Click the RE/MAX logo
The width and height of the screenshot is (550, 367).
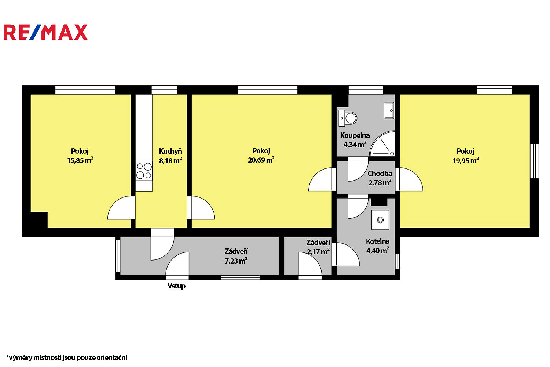pos(46,32)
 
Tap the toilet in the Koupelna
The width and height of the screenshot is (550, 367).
pos(348,118)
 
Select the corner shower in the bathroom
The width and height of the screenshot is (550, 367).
pos(382,144)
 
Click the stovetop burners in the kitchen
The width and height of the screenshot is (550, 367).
pos(144,171)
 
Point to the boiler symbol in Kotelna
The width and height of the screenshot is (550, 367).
pos(380,220)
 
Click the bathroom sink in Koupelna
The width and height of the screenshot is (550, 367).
pos(389,110)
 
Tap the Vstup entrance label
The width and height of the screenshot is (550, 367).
pos(176,286)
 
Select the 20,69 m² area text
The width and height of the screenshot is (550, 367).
pos(261,160)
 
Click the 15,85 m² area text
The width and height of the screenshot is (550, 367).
pos(80,160)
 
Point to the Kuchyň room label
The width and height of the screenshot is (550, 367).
pos(170,151)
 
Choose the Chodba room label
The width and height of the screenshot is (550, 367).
pos(379,174)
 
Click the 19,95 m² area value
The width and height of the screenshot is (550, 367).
pos(466,161)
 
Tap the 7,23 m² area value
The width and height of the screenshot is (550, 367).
pos(236,261)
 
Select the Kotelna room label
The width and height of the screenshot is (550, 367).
pos(378,241)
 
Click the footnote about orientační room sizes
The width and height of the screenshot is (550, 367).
pos(66,357)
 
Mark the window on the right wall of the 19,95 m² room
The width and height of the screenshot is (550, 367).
pos(535,161)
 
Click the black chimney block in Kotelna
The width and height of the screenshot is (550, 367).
pos(379,202)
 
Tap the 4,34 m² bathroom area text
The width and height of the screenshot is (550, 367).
pos(355,145)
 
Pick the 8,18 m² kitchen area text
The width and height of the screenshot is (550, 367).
pos(170,161)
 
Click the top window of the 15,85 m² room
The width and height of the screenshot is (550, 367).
pos(85,90)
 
